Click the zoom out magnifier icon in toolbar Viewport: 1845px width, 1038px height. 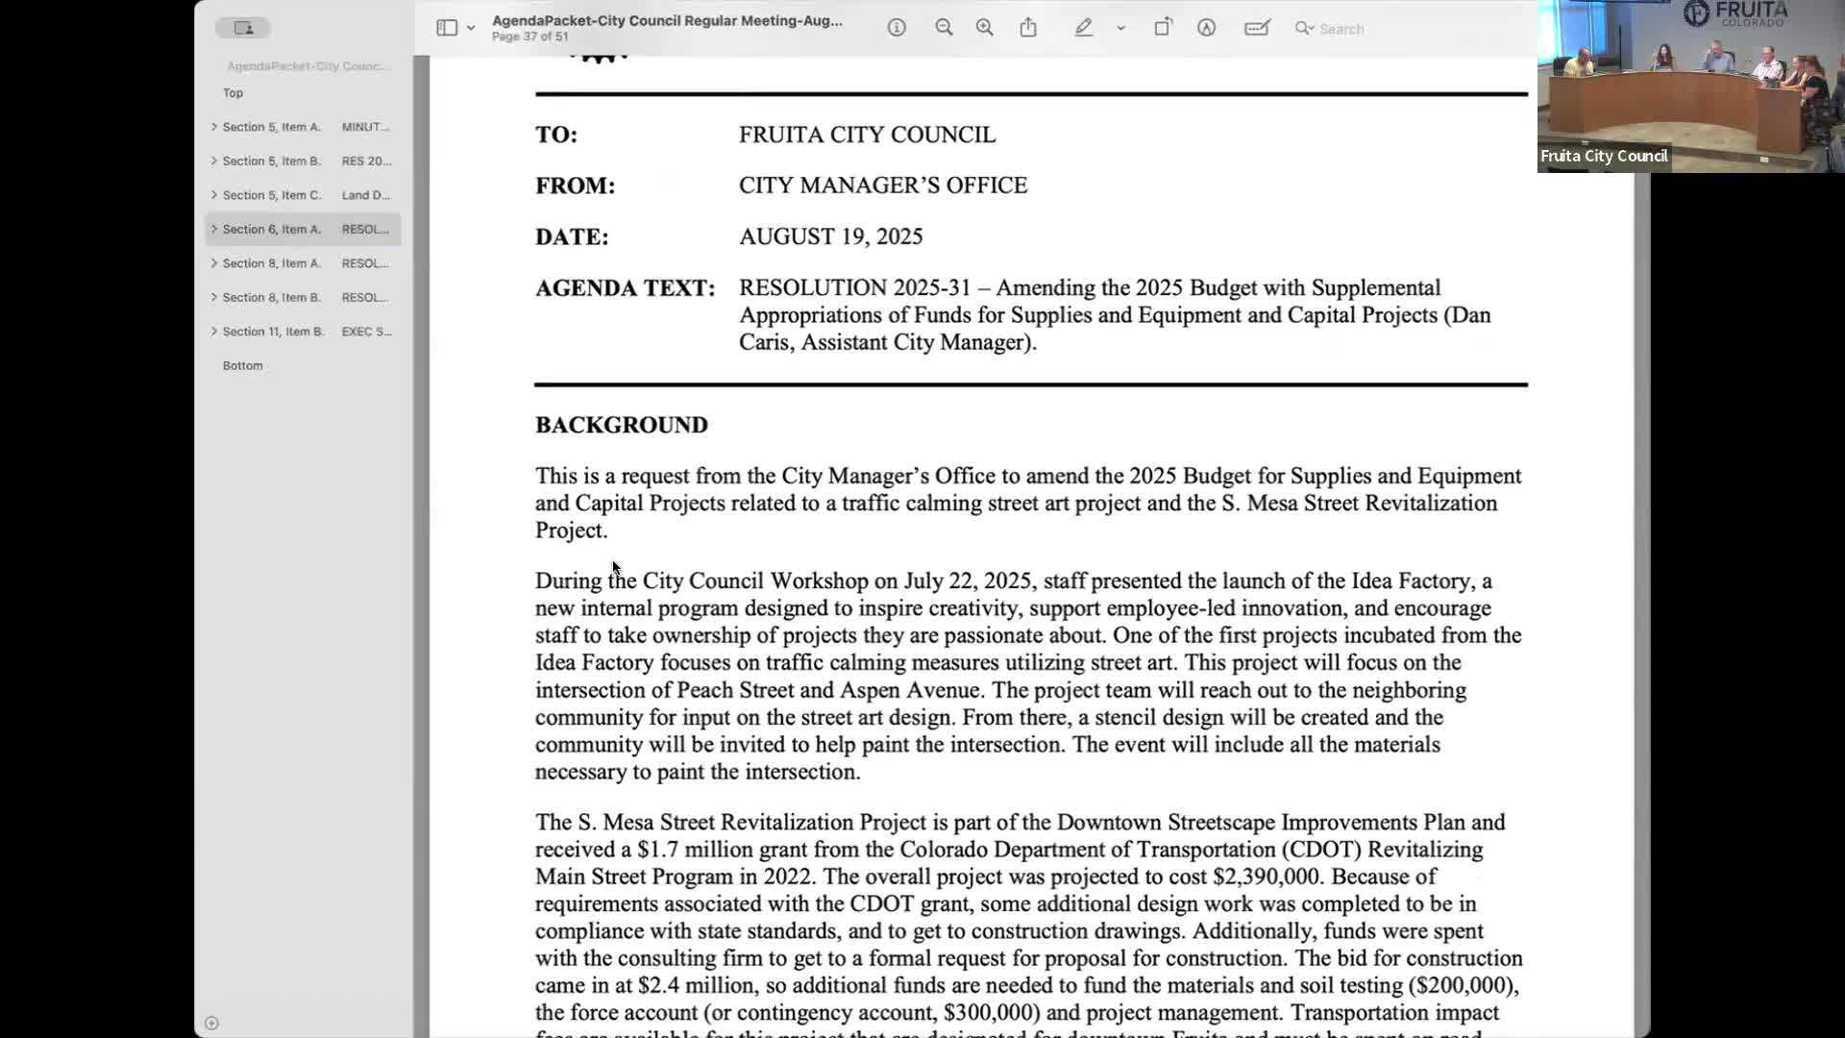coord(944,28)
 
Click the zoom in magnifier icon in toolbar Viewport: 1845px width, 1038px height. coord(984,28)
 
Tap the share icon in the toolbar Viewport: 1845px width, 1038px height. coord(1028,28)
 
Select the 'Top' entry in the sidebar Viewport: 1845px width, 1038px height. coord(233,93)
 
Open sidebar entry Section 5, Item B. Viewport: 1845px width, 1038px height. coord(272,161)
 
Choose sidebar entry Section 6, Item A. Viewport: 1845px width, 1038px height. coord(272,230)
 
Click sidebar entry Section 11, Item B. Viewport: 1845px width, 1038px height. coord(274,332)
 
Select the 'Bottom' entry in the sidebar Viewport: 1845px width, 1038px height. coord(242,366)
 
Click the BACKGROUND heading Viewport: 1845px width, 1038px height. coord(621,425)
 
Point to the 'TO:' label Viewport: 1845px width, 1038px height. coord(556,135)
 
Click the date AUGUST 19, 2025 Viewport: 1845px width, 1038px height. coord(830,236)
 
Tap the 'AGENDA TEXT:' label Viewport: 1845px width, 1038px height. coord(625,288)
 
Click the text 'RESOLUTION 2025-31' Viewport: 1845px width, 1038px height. coord(854,288)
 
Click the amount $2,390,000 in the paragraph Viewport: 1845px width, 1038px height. coord(1266,877)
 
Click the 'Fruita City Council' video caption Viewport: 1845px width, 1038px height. coord(1603,156)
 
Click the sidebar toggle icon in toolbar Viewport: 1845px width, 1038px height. coord(447,28)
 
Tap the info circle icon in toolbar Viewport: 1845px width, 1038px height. coord(897,28)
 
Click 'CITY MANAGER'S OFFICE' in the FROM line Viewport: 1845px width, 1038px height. coord(882,185)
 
